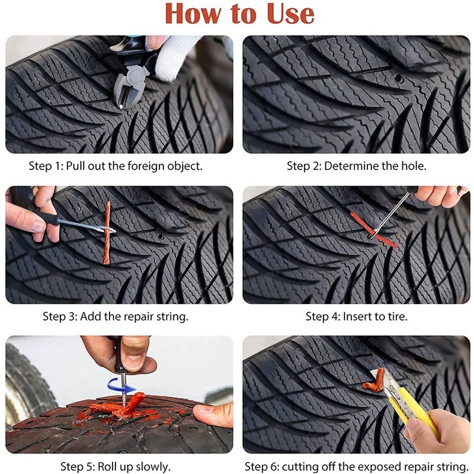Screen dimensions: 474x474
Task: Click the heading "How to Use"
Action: pyautogui.click(x=240, y=13)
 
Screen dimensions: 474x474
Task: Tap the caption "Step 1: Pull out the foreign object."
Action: pyautogui.click(x=116, y=166)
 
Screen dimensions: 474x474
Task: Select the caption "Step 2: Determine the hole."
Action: pyautogui.click(x=357, y=166)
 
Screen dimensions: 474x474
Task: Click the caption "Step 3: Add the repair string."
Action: pyautogui.click(x=116, y=316)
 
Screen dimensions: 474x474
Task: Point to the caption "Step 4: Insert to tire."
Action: pyautogui.click(x=357, y=316)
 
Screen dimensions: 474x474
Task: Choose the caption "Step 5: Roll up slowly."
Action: pyautogui.click(x=116, y=466)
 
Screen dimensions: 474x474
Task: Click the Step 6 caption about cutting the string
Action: pyautogui.click(x=357, y=466)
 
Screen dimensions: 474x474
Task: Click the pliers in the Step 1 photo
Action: pyautogui.click(x=130, y=76)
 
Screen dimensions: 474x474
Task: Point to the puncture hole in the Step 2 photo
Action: pyautogui.click(x=399, y=78)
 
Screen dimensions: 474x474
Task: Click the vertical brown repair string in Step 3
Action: pyautogui.click(x=107, y=233)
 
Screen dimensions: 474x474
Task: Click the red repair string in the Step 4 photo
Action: pyautogui.click(x=374, y=230)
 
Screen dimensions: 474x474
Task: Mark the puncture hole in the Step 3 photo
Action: pyautogui.click(x=161, y=236)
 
